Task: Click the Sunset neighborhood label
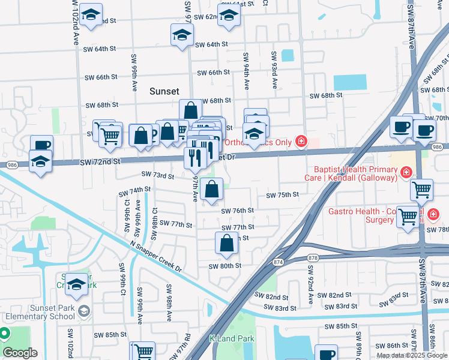coord(164,91)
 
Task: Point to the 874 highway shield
coord(278,262)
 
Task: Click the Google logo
coord(20,353)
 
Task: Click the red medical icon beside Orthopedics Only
coord(301,142)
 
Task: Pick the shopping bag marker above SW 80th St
coord(226,244)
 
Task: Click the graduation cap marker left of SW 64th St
coord(181,36)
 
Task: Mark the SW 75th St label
coord(283,195)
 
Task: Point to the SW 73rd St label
coord(158,176)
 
